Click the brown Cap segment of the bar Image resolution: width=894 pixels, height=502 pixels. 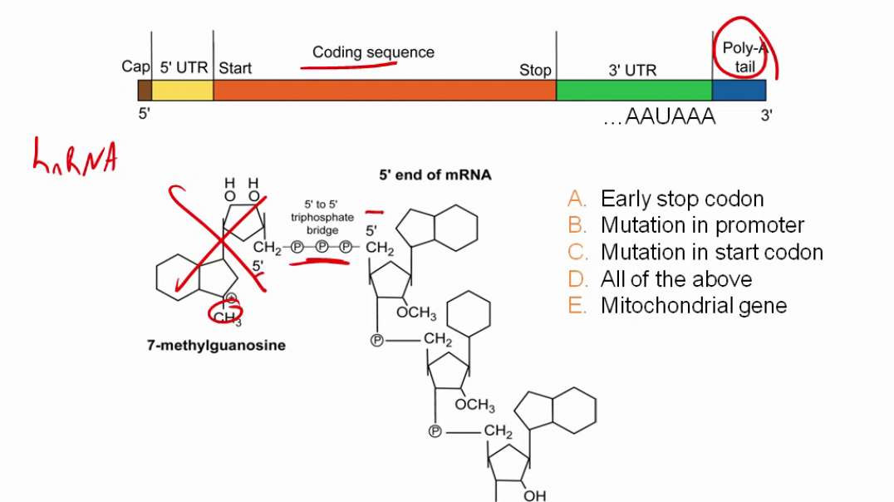145,90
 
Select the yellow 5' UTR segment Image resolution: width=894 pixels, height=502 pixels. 182,90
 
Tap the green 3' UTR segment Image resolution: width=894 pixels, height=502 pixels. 633,90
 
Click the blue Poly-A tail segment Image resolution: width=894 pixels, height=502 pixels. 739,90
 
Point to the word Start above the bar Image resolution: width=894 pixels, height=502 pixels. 235,69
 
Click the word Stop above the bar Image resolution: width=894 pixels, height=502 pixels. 535,71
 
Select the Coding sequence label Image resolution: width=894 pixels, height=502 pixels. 373,52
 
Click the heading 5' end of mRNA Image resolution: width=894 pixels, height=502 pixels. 435,175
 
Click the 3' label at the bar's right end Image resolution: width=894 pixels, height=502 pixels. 767,116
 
